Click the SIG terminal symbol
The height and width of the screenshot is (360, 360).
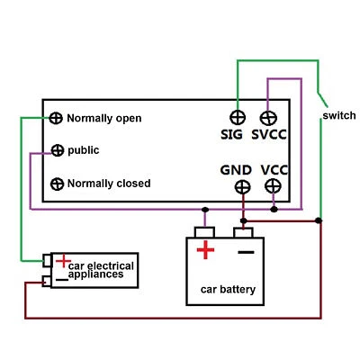coord(238,118)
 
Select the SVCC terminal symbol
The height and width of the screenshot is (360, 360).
coord(267,118)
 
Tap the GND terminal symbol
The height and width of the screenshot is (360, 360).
coord(242,187)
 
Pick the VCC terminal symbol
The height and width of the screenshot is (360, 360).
coord(273,186)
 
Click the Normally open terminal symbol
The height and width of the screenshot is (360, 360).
coord(56,118)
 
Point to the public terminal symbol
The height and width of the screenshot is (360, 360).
coord(56,150)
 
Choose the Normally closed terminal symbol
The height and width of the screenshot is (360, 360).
coord(56,184)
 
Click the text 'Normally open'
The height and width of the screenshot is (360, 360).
coord(103,118)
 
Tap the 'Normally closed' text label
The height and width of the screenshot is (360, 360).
coord(109,184)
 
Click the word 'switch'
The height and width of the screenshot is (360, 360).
coord(338,117)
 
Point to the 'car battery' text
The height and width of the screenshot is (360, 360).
coord(227,290)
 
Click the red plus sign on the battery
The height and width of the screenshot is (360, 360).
coord(206,250)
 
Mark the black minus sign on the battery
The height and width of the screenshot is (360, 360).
coord(245,251)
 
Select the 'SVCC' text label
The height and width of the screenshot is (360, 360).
coord(270,135)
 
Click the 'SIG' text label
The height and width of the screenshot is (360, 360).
coord(232,135)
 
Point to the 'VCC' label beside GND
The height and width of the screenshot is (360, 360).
coord(273,169)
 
